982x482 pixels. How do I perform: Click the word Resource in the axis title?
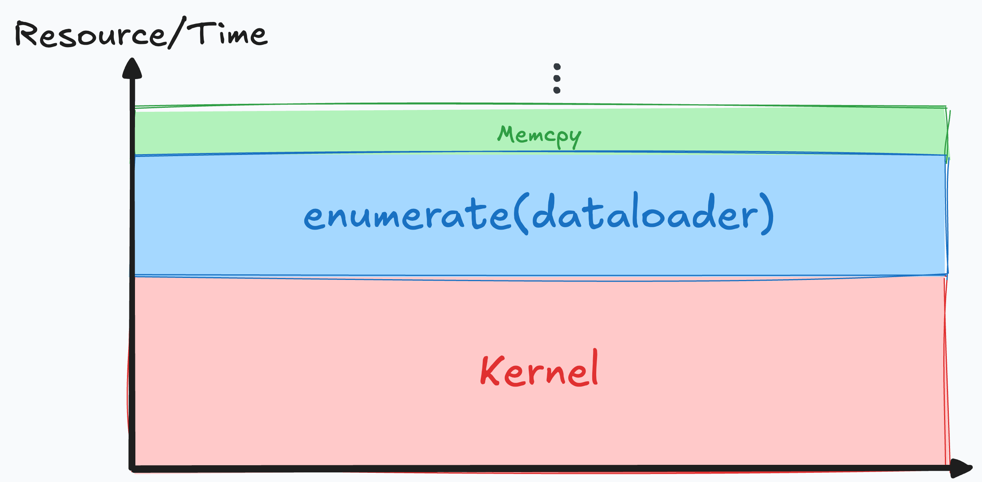[90, 35]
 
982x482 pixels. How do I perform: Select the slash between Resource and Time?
[177, 33]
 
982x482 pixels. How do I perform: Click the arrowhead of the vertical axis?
[132, 68]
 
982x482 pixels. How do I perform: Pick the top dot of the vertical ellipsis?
[557, 67]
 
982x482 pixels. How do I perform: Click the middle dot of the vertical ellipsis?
[557, 78]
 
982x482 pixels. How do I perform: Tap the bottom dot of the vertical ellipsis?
[557, 90]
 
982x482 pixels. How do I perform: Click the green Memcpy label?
[539, 136]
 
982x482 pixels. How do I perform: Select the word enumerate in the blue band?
[407, 216]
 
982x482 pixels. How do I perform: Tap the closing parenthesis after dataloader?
[768, 214]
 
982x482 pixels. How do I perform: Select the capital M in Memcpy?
[506, 134]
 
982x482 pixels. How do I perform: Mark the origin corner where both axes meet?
[132, 468]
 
